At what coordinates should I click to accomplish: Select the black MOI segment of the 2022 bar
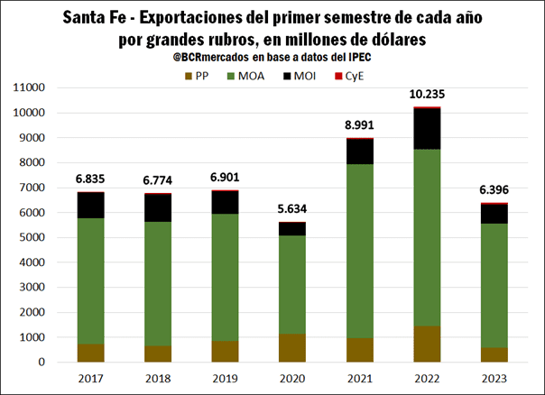point(428,128)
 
